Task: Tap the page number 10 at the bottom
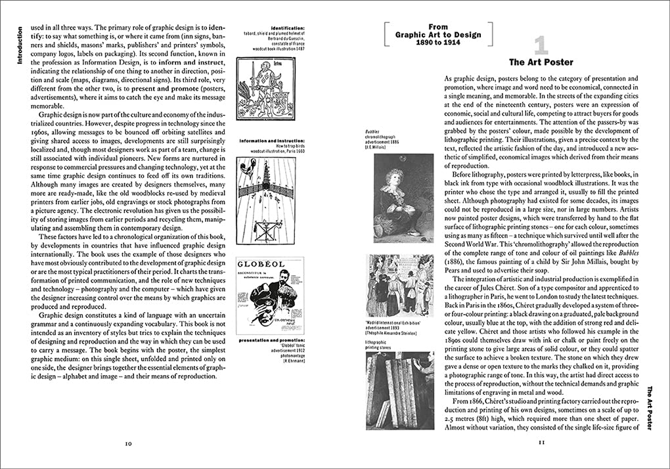tap(129, 444)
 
